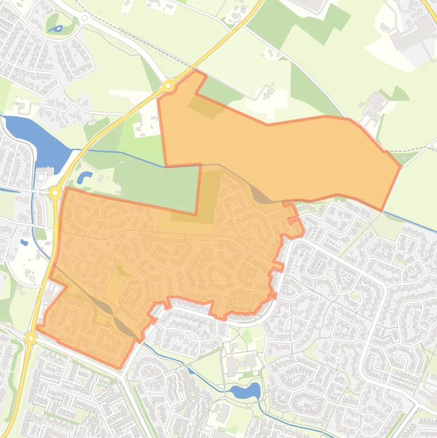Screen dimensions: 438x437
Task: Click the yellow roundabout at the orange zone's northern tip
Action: (168, 86)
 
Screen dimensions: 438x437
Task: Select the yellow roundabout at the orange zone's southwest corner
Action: (31, 338)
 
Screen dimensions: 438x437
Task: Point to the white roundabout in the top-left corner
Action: (85, 18)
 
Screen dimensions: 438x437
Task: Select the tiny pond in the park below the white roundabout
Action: (56, 28)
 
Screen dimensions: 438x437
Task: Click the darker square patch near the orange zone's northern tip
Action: (205, 105)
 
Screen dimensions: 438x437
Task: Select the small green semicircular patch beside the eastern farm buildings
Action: (400, 94)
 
